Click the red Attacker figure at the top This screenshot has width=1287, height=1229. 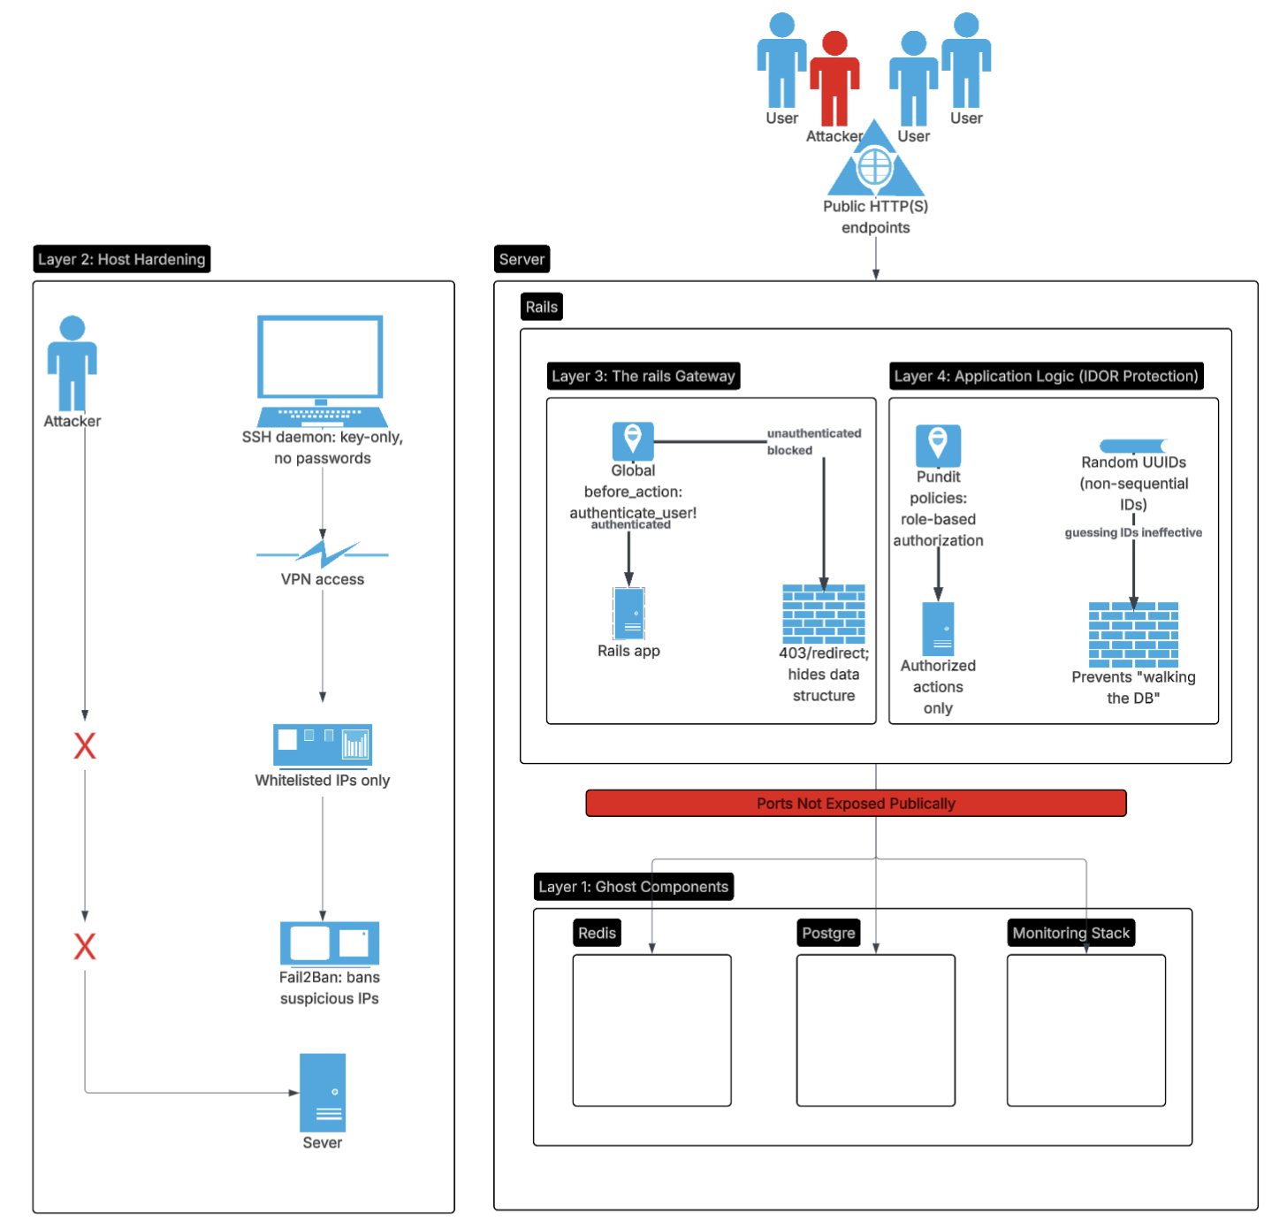pos(834,80)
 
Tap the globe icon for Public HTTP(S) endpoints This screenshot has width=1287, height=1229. pos(875,164)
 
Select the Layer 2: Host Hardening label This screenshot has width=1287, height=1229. pos(122,259)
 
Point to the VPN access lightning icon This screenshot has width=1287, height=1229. pos(323,553)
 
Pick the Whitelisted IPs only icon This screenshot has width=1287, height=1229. pos(323,744)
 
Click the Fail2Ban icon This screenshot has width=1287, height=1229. pos(329,943)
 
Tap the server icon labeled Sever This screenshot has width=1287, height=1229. pos(323,1093)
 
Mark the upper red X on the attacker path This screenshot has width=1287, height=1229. pos(85,746)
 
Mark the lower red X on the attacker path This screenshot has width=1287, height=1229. pos(85,947)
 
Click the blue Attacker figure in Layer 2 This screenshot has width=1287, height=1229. pos(72,363)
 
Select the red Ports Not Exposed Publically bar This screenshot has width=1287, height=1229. pos(856,803)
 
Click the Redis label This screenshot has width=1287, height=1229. pos(597,933)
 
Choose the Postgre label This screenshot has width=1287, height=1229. pos(828,933)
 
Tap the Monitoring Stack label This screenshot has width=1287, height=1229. pos(1070,933)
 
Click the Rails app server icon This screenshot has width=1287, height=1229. pos(628,613)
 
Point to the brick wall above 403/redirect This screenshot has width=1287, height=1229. pos(824,614)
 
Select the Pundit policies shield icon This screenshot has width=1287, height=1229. pos(938,445)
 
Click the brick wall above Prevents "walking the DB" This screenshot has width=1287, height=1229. pos(1133,634)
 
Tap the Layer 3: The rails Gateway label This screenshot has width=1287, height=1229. pos(643,376)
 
